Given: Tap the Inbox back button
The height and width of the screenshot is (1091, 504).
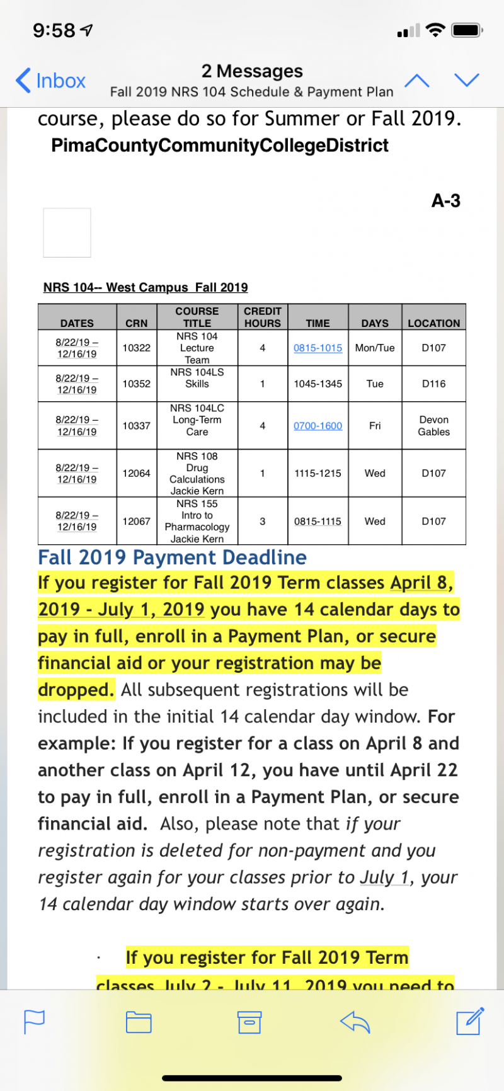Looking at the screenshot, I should (50, 81).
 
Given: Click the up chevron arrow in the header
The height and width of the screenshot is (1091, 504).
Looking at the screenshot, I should (417, 81).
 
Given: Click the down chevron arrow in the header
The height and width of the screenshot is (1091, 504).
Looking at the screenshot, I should (467, 80).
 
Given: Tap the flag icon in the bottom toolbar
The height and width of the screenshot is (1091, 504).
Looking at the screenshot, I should (34, 1022).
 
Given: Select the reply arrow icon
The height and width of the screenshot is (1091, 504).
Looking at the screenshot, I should (355, 1022).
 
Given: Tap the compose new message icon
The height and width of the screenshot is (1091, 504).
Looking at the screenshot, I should (470, 1021).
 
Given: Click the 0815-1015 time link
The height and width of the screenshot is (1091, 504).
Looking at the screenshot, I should (318, 348).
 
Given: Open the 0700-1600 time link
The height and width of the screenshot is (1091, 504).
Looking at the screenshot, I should (318, 426).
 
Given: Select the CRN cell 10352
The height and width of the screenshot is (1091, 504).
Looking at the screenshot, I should (137, 384).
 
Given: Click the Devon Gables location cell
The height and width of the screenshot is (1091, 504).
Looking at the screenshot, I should (434, 426).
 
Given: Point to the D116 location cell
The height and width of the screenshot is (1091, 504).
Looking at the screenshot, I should (434, 384).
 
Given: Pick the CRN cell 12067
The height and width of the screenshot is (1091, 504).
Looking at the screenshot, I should (137, 521).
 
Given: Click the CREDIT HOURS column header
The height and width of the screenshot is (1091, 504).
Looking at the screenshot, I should (263, 317).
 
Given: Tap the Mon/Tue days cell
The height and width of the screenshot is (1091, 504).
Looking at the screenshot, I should (375, 348).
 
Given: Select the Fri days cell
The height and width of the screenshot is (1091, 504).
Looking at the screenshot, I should (375, 426).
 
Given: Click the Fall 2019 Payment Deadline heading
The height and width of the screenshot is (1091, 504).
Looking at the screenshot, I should (172, 557).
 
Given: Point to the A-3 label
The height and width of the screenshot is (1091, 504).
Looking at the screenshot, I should (446, 201).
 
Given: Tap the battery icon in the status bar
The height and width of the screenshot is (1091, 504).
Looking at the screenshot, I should (467, 30).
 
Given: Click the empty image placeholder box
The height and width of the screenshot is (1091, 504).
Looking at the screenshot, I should (67, 232).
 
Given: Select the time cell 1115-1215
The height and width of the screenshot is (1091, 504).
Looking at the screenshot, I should (318, 473).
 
